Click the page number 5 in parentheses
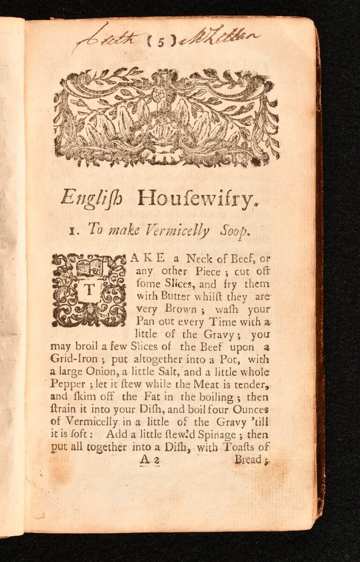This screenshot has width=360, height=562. [162, 40]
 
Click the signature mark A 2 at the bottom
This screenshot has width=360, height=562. [150, 460]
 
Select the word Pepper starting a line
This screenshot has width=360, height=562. [68, 385]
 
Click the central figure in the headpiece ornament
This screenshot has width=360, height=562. [166, 112]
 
